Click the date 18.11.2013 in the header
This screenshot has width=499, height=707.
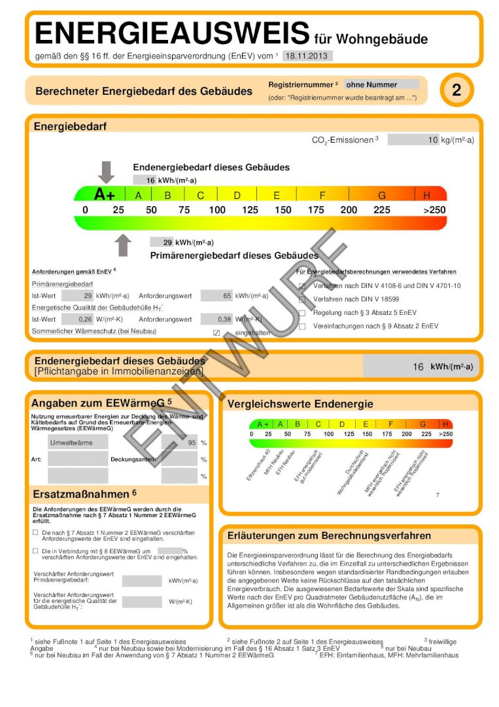pyautogui.click(x=307, y=56)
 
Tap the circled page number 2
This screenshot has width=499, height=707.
pyautogui.click(x=456, y=91)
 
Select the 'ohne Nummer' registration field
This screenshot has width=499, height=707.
pyautogui.click(x=381, y=84)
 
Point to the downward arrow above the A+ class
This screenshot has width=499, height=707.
pyautogui.click(x=106, y=172)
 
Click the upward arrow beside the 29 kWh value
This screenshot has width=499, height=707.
pyautogui.click(x=123, y=245)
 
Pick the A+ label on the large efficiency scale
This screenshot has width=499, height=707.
pyautogui.click(x=105, y=194)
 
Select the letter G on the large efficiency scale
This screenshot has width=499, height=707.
pyautogui.click(x=382, y=195)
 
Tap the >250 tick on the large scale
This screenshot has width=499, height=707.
pyautogui.click(x=434, y=210)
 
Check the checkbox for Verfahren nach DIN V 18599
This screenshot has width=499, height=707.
pyautogui.click(x=302, y=299)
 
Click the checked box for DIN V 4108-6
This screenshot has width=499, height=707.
pyautogui.click(x=302, y=286)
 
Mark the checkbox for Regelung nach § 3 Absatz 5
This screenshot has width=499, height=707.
pyautogui.click(x=302, y=313)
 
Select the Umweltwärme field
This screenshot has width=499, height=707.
pyautogui.click(x=78, y=443)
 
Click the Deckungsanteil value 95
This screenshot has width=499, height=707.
pyautogui.click(x=180, y=443)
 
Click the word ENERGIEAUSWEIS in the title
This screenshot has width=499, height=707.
pyautogui.click(x=172, y=33)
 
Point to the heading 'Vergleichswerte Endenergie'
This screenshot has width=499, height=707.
pyautogui.click(x=300, y=404)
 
